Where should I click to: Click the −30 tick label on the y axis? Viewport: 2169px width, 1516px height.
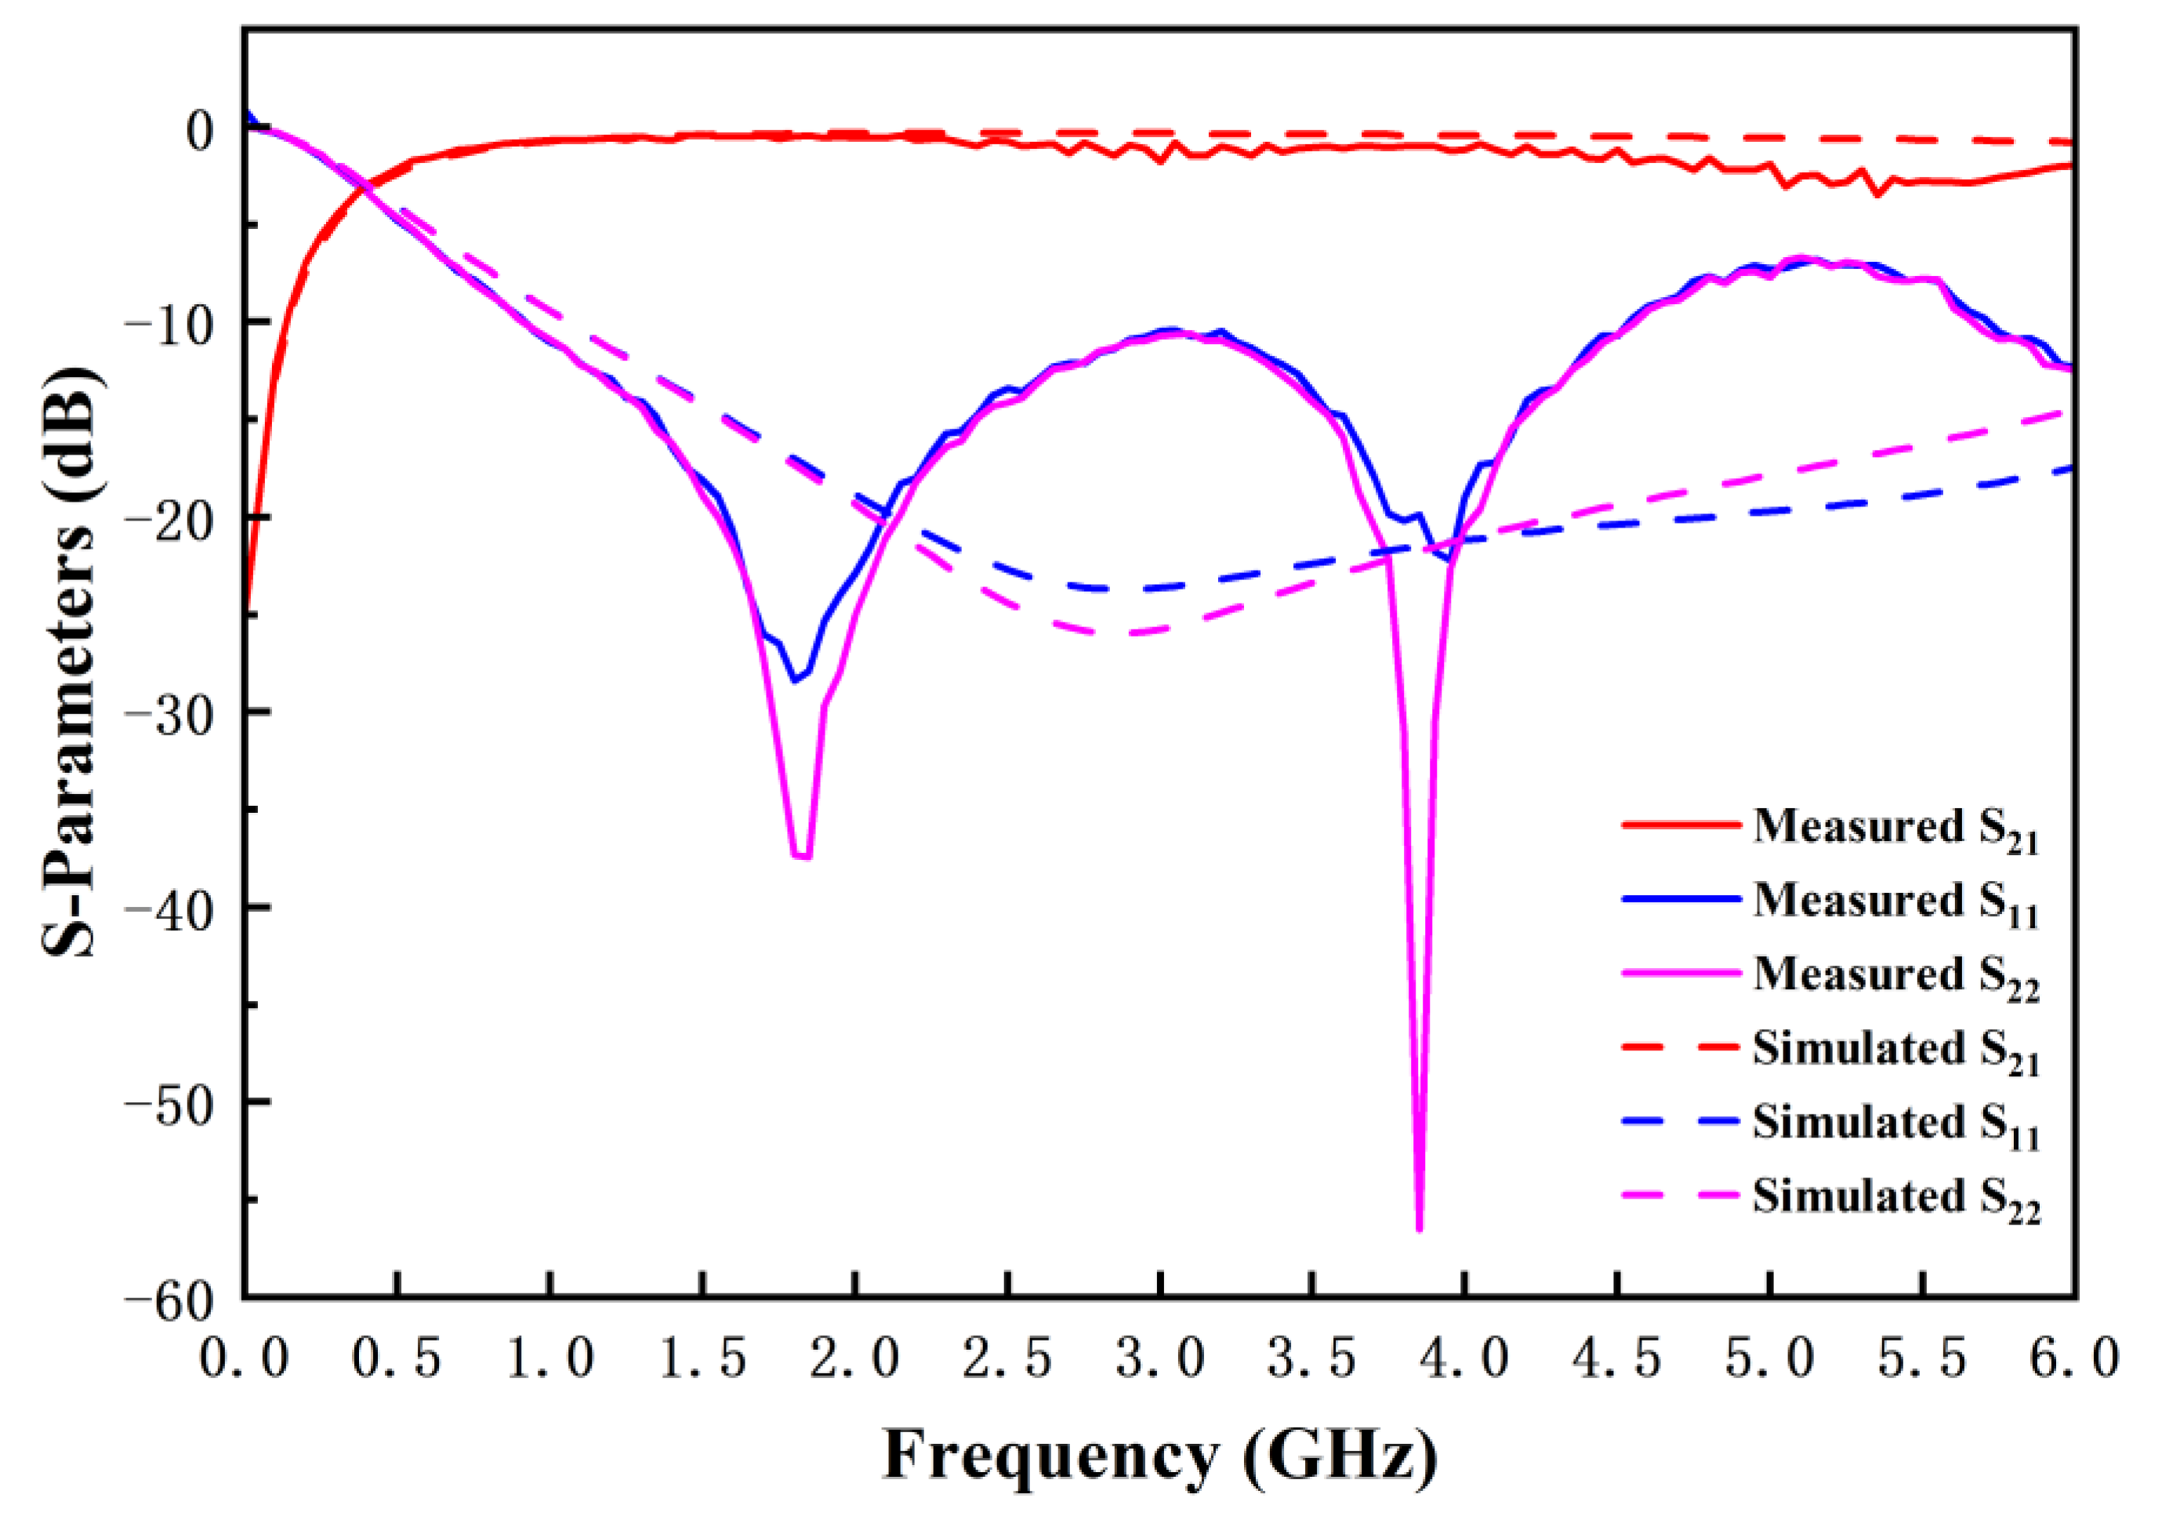(179, 713)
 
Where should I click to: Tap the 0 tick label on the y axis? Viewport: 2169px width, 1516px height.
(199, 130)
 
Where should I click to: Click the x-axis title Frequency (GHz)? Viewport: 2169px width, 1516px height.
(1159, 1456)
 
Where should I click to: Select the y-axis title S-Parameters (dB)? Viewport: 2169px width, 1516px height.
(71, 661)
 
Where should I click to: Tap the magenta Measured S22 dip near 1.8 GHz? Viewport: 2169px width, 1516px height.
(802, 857)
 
